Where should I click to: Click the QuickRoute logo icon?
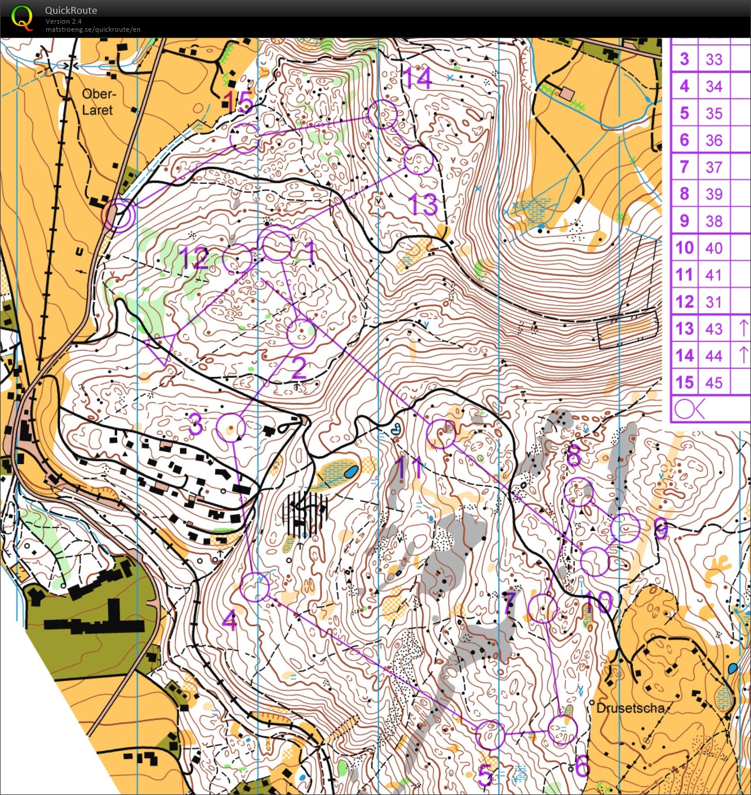coord(22,17)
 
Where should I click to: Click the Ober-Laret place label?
coord(98,102)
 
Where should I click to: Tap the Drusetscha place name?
coord(630,708)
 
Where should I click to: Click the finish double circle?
coord(118,215)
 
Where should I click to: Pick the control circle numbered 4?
coord(254,587)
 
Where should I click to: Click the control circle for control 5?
coord(490,735)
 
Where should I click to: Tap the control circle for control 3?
coord(231,428)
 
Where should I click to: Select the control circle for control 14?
coord(382,114)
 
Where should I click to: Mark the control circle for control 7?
coord(542,608)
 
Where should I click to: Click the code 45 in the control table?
coord(714,383)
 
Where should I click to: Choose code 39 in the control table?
coord(714,194)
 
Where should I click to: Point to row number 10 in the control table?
coord(685,248)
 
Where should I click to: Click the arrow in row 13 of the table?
coord(743,328)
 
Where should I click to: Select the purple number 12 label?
coord(193,259)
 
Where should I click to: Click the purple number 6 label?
coord(583,767)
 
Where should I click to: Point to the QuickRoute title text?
coord(71,10)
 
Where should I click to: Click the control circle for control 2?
coord(302,333)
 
